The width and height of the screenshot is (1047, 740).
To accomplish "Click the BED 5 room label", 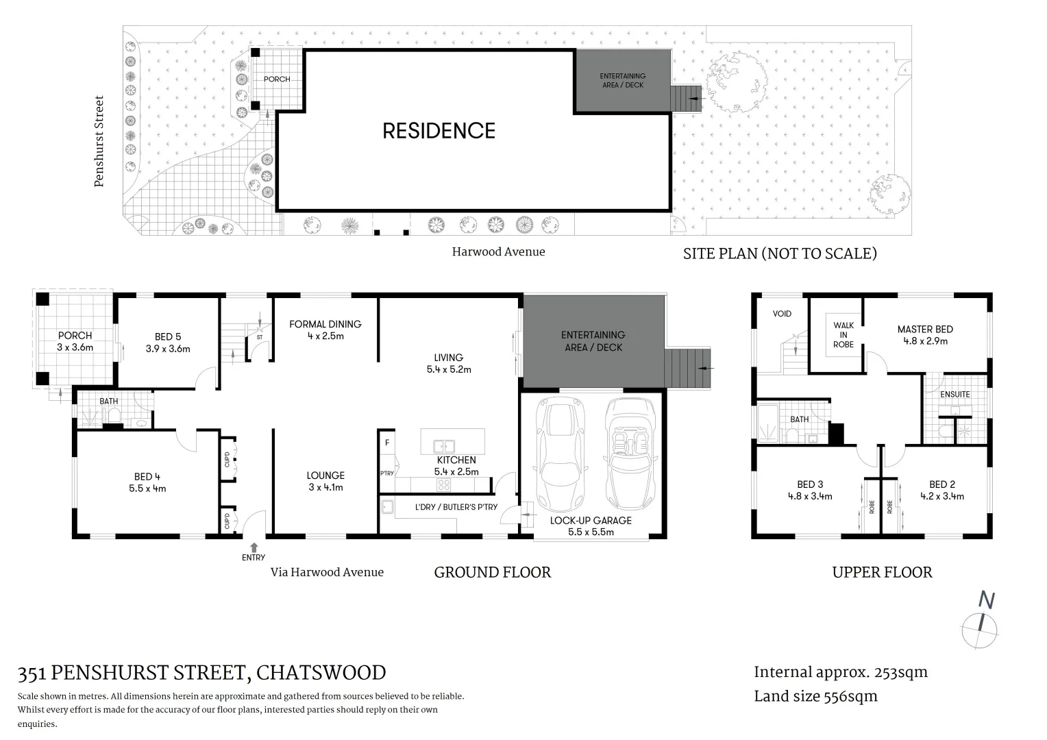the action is pyautogui.click(x=168, y=336).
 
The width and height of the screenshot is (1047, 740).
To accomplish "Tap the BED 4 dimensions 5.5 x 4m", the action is pyautogui.click(x=147, y=489).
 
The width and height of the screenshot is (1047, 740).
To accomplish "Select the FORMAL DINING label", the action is pyautogui.click(x=325, y=324).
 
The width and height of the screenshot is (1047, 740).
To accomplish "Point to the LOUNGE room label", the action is pyautogui.click(x=325, y=475).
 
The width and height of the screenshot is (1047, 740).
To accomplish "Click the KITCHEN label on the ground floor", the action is pyautogui.click(x=456, y=460).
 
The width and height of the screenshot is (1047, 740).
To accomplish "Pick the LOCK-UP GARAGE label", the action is pyautogui.click(x=591, y=520).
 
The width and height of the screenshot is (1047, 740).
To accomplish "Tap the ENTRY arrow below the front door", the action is pyautogui.click(x=254, y=547).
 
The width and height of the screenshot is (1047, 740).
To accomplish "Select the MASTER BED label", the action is pyautogui.click(x=925, y=329).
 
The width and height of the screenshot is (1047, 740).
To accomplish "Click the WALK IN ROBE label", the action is pyautogui.click(x=843, y=334).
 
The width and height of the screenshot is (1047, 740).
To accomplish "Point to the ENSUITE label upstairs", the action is pyautogui.click(x=954, y=394).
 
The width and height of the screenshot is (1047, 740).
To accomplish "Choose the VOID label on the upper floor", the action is pyautogui.click(x=782, y=314).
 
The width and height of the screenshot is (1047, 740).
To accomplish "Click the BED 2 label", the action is pyautogui.click(x=941, y=484).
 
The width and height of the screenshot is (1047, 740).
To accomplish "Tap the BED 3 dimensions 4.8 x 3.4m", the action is pyautogui.click(x=810, y=496).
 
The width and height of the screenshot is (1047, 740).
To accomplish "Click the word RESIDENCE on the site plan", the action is pyautogui.click(x=439, y=131).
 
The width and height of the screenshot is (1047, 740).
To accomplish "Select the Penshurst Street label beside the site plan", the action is pyautogui.click(x=99, y=141).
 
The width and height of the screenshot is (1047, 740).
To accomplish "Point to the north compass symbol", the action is pyautogui.click(x=982, y=623).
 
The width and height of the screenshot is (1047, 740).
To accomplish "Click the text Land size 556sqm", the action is pyautogui.click(x=815, y=696).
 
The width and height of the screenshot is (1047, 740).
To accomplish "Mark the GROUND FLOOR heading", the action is pyautogui.click(x=492, y=572).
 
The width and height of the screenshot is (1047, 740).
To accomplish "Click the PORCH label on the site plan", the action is pyautogui.click(x=277, y=79).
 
